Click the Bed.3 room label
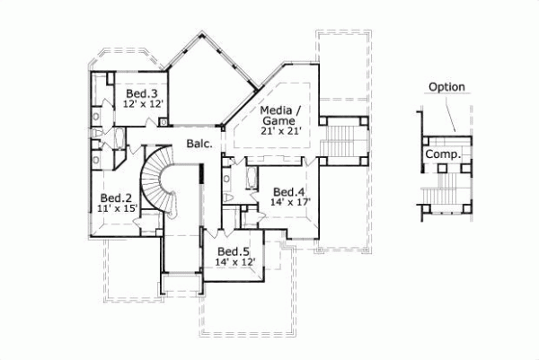142,93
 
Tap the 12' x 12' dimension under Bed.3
142,104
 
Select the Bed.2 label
116,198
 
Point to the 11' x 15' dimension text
116,208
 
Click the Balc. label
199,144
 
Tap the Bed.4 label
289,191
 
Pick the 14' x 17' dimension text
289,203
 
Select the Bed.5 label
233,251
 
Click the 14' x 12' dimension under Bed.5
235,262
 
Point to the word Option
446,87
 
